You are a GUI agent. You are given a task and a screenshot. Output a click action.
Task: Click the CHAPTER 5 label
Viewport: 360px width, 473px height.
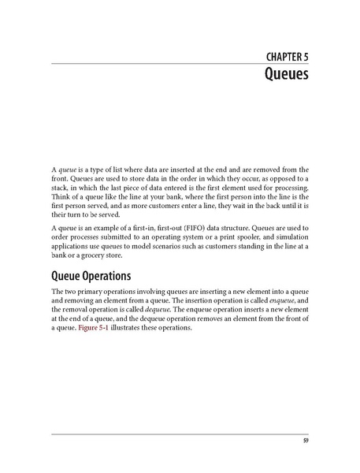(280, 56)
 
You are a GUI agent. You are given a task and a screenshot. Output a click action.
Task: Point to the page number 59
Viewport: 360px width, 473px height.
(305, 440)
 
